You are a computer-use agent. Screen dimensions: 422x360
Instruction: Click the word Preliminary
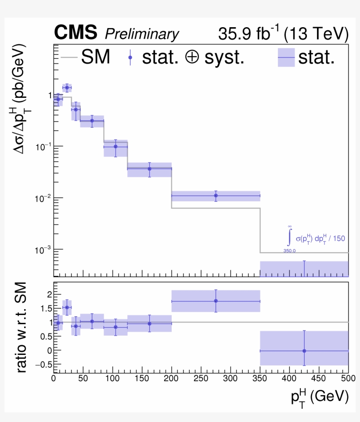click(142, 34)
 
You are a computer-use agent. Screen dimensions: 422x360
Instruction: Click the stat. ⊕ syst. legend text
click(193, 57)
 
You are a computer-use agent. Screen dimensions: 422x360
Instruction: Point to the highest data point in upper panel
click(67, 88)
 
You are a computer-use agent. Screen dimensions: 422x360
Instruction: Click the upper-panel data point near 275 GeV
click(216, 195)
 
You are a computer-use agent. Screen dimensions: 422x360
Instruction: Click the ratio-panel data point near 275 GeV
click(216, 301)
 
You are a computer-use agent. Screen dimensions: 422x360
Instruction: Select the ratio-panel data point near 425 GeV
click(304, 351)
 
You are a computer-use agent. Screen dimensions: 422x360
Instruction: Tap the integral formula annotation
click(314, 239)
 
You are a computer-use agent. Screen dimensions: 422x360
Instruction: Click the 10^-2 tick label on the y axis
click(43, 198)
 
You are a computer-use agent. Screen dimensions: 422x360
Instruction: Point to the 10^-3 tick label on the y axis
click(43, 249)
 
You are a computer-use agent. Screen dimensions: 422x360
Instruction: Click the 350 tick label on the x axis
click(259, 378)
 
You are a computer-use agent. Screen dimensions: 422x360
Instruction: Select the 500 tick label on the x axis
click(347, 378)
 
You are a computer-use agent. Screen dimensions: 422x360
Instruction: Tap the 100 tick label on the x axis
click(112, 378)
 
